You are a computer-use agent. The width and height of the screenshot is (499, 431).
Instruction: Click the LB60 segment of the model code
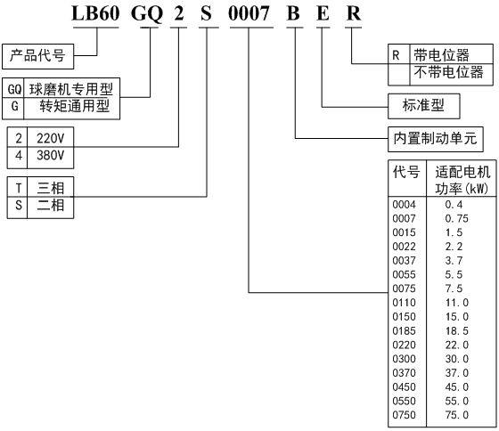(95, 13)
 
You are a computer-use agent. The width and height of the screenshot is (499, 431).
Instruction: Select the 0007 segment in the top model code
(249, 13)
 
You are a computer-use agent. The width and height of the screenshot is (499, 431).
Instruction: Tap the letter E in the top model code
(323, 13)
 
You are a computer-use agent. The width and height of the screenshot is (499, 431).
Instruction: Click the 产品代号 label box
(37, 56)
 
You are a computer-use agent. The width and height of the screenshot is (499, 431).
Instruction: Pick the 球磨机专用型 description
(71, 89)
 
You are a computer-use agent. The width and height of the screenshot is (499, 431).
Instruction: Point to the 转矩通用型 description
(75, 106)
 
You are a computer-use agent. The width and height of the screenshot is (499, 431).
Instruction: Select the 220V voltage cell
(50, 138)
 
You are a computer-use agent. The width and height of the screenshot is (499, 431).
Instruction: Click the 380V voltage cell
(50, 155)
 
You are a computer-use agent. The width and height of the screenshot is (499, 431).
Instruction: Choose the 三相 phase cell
(51, 188)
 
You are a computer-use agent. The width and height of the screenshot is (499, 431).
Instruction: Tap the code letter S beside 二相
(19, 205)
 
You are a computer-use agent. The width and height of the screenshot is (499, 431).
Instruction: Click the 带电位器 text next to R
(441, 55)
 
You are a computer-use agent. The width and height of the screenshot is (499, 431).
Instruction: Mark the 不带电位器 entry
(448, 72)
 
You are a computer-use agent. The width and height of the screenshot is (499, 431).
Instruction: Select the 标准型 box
(423, 106)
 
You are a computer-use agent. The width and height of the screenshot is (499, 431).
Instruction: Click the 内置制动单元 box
(436, 139)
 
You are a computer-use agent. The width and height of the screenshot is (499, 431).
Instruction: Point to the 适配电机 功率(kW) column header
(462, 180)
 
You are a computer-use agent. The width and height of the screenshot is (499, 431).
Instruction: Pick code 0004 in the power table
(405, 205)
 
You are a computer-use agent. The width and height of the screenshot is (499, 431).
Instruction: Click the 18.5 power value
(457, 330)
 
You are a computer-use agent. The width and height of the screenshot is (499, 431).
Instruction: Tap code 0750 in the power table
(405, 415)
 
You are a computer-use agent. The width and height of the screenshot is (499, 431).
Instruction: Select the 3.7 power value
(454, 261)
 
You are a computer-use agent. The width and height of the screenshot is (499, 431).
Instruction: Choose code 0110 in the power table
(405, 303)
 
